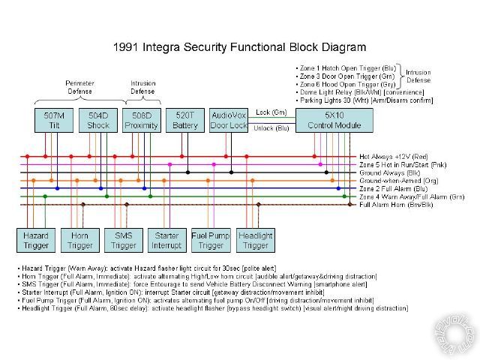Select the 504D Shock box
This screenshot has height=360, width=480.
[x=97, y=120]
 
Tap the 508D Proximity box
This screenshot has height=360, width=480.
[x=142, y=120]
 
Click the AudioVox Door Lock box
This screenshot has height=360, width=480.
[x=229, y=120]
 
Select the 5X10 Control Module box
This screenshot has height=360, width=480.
[x=334, y=120]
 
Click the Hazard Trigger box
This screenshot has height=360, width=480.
[x=35, y=240]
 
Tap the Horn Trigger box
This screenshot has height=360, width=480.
[x=79, y=240]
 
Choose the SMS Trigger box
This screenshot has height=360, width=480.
[x=124, y=240]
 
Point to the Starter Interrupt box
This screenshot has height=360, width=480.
[x=166, y=240]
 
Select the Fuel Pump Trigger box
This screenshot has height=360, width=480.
[x=211, y=240]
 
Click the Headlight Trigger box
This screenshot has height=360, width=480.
[x=256, y=240]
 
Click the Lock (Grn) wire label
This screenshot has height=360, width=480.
[x=271, y=112]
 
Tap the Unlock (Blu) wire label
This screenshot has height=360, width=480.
[x=271, y=127]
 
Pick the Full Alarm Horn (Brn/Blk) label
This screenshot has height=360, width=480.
[x=396, y=204]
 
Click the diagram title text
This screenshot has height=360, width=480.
[x=239, y=46]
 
